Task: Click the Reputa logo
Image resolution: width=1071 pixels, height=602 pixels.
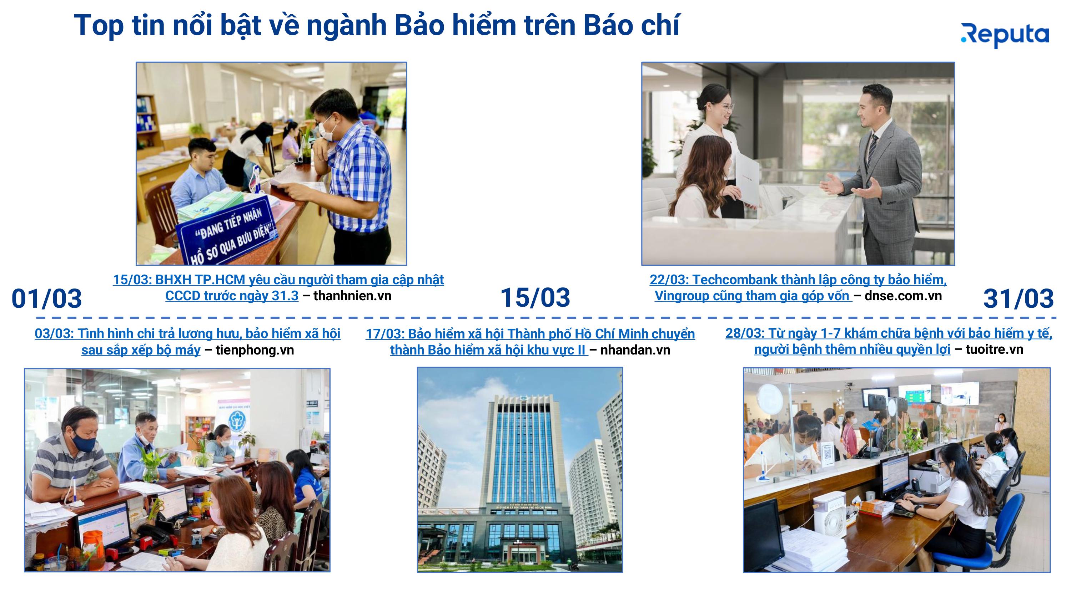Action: point(1005,36)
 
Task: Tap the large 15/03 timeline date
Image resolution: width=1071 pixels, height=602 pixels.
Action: point(535,297)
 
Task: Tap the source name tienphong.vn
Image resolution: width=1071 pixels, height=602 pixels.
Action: point(255,350)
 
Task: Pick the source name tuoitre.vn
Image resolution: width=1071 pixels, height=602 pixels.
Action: point(994,350)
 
